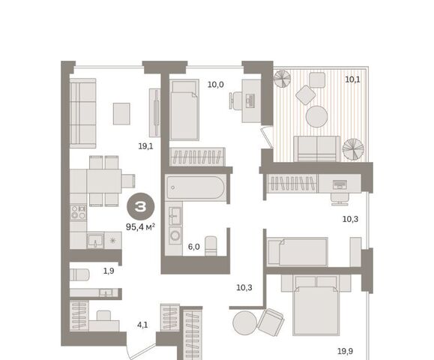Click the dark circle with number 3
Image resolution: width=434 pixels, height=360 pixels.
140,206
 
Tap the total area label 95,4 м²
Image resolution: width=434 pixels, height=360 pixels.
140,227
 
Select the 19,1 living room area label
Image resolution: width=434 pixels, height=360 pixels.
145,146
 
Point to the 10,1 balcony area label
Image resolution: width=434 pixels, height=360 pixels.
352,79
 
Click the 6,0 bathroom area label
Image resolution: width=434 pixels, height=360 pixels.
193,247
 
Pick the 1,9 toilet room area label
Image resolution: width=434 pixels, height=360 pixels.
109,271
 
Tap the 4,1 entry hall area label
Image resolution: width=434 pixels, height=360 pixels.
142,325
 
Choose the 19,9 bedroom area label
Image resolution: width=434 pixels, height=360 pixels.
345,351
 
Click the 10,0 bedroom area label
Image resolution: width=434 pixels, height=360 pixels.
216,85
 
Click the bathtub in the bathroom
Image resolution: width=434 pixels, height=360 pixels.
196,187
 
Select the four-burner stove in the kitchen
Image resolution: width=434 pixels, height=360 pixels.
78,212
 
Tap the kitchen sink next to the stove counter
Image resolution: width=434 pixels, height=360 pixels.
95,240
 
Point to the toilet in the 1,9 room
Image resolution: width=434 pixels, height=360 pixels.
79,274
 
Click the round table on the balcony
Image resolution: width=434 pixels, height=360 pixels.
316,116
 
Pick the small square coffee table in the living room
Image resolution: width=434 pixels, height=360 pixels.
121,113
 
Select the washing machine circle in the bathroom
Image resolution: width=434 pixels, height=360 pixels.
175,235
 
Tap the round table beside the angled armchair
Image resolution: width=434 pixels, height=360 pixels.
244,323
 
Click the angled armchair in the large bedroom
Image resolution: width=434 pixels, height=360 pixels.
271,322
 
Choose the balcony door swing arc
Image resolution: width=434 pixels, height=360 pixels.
266,138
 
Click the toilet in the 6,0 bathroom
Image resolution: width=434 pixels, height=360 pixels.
211,246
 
